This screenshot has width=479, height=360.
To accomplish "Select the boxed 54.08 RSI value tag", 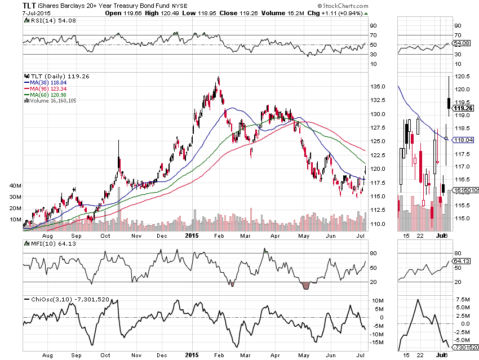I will pyautogui.click(x=462, y=43).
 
